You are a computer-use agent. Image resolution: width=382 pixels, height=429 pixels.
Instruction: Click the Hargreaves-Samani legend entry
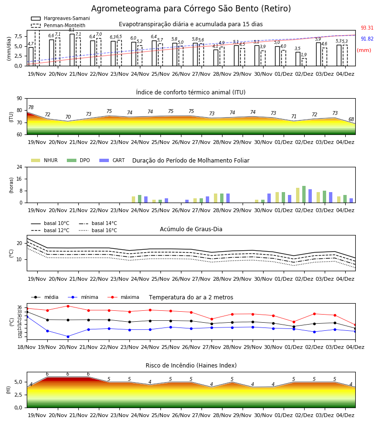(x=60, y=18)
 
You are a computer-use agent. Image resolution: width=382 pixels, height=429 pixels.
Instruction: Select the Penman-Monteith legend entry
(x=58, y=25)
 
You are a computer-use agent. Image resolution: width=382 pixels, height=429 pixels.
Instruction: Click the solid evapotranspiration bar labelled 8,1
(x=72, y=50)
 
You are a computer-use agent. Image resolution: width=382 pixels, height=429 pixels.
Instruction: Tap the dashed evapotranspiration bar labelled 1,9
(x=304, y=62)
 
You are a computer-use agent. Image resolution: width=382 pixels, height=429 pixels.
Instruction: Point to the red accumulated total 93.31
(x=367, y=28)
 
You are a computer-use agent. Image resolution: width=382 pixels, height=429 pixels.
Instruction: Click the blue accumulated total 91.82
(x=367, y=39)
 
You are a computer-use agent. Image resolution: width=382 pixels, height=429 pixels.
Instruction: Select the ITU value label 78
(x=31, y=107)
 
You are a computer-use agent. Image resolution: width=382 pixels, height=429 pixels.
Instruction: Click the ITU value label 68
(x=351, y=119)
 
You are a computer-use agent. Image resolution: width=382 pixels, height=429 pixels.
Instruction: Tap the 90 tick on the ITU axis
(x=20, y=99)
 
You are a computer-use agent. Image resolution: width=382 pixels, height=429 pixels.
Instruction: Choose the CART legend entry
(x=112, y=160)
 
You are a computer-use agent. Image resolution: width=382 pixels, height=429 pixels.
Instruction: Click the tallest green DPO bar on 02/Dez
(x=304, y=194)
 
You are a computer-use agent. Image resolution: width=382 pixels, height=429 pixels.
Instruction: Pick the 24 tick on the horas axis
(x=20, y=167)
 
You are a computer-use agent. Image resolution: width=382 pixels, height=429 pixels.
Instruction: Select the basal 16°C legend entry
(x=98, y=230)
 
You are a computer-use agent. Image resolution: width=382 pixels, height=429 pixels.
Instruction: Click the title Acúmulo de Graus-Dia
(x=191, y=229)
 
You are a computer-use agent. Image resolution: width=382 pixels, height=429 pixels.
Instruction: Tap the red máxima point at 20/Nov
(x=68, y=306)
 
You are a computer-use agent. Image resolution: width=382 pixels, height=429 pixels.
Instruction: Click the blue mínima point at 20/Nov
(x=68, y=337)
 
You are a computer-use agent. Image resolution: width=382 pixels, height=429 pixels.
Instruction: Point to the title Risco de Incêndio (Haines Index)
(x=191, y=366)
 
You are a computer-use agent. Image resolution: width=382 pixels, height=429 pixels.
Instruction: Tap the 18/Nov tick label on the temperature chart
(x=27, y=347)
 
